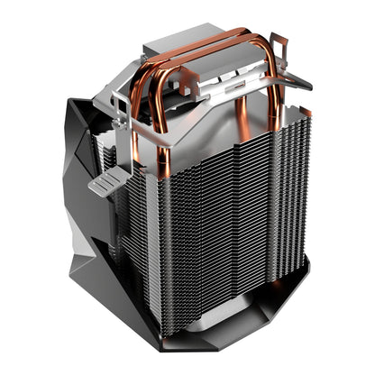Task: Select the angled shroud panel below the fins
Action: pos(261,325)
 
